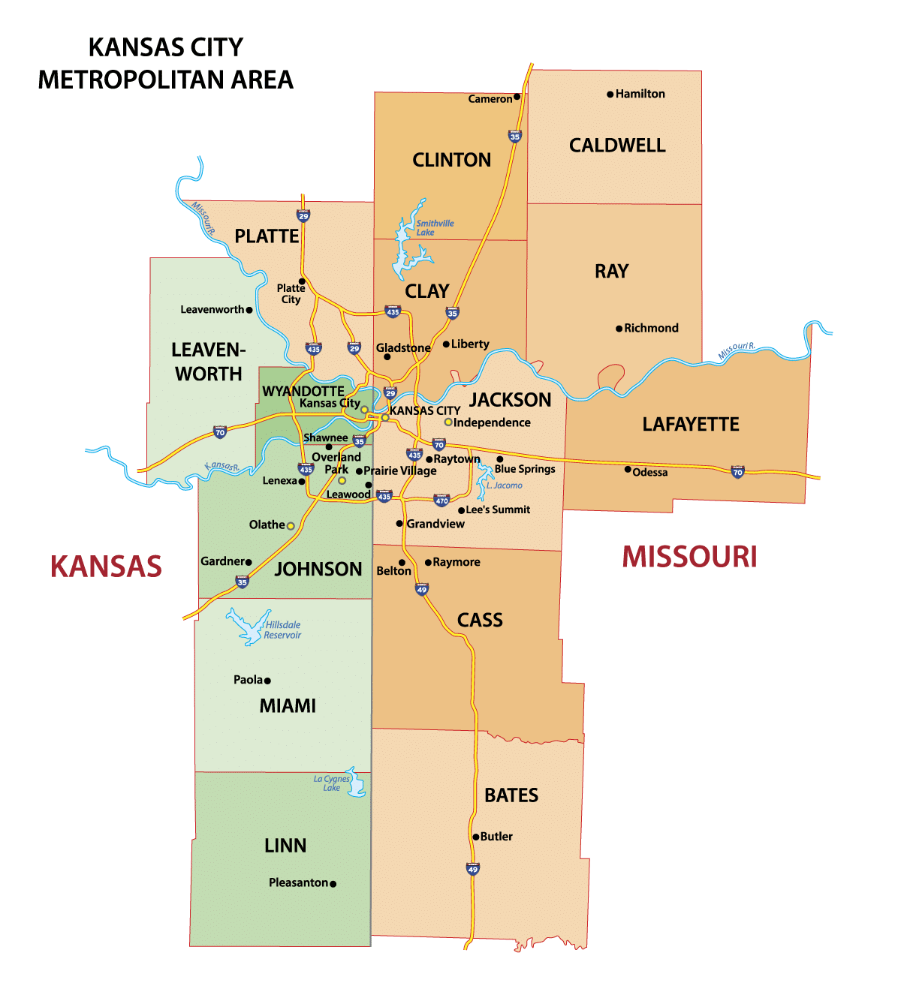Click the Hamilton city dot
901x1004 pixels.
pyautogui.click(x=610, y=95)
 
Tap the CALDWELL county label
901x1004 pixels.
pyautogui.click(x=617, y=146)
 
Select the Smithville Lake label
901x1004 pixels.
pyautogui.click(x=435, y=228)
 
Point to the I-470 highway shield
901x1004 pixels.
pyautogui.click(x=441, y=500)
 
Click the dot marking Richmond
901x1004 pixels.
pyautogui.click(x=619, y=329)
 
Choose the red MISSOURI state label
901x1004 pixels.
pyautogui.click(x=689, y=558)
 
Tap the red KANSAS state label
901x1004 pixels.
pyautogui.click(x=106, y=567)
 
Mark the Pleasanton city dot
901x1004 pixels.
pyautogui.click(x=333, y=884)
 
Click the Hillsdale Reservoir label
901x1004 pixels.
pyautogui.click(x=282, y=630)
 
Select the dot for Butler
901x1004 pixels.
pyautogui.click(x=475, y=837)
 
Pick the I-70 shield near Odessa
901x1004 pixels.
pyautogui.click(x=737, y=472)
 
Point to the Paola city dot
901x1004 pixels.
pyautogui.click(x=267, y=681)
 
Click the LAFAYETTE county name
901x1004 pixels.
pyautogui.click(x=691, y=425)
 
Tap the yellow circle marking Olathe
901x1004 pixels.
pyautogui.click(x=291, y=526)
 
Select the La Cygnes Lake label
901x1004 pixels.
pyautogui.click(x=332, y=783)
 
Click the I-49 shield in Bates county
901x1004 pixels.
pyautogui.click(x=472, y=869)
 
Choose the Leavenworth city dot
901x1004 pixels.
pyautogui.click(x=249, y=310)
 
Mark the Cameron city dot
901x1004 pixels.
pyautogui.click(x=517, y=97)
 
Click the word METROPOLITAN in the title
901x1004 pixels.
pyautogui.click(x=122, y=80)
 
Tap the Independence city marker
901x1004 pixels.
pyautogui.click(x=448, y=422)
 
